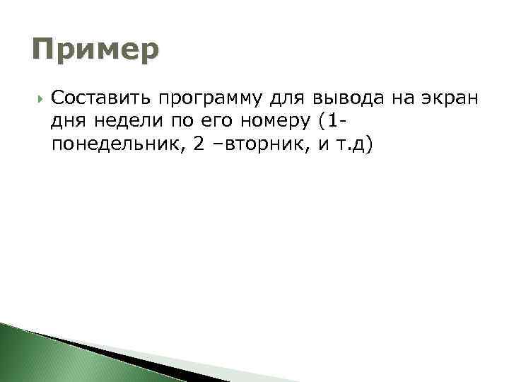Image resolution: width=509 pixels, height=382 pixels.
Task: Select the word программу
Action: [209, 97]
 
